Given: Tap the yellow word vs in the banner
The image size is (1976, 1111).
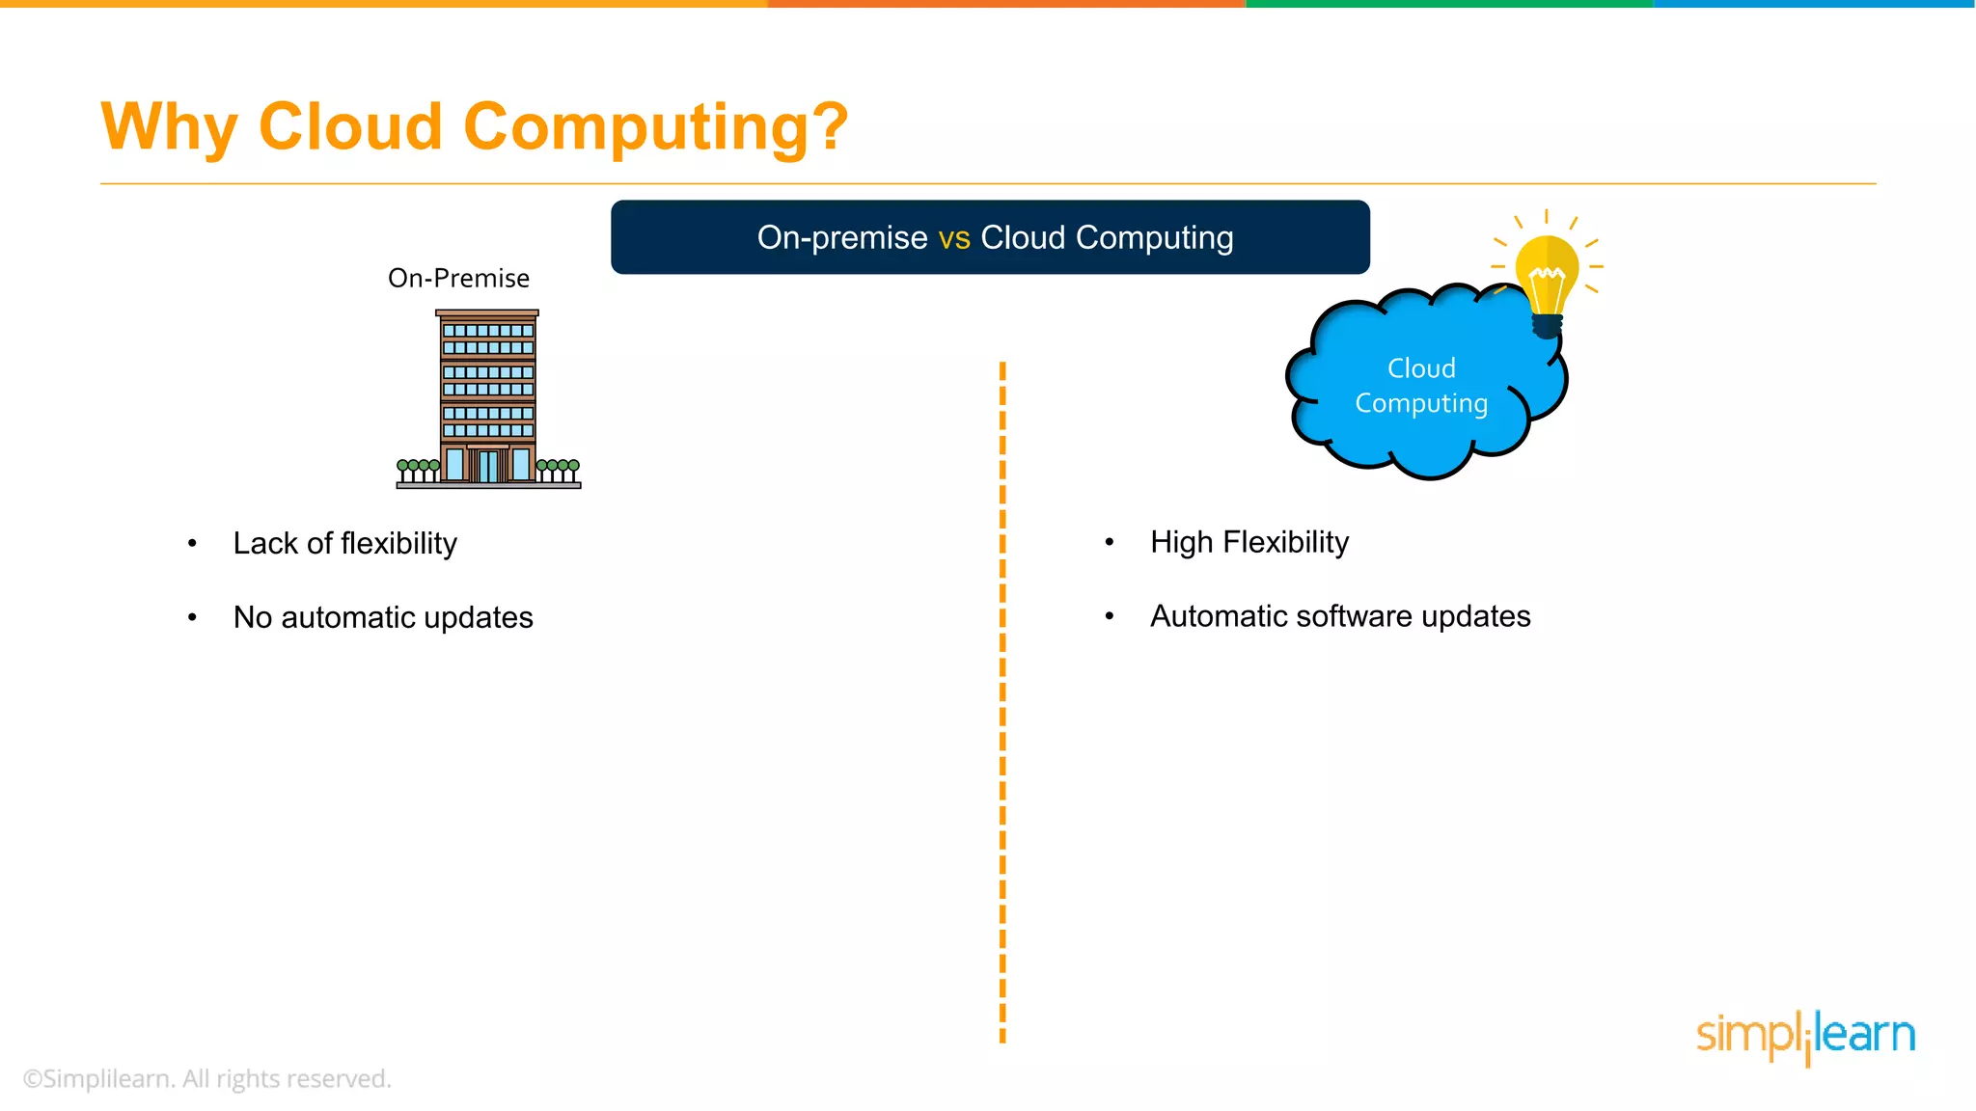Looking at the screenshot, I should click(953, 237).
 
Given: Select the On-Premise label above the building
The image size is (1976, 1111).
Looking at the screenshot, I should click(458, 279).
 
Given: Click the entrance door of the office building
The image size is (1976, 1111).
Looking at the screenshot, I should click(488, 467).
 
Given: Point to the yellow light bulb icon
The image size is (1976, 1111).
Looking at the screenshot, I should click(1547, 280).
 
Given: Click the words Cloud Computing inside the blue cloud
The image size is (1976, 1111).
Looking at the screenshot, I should click(1421, 386).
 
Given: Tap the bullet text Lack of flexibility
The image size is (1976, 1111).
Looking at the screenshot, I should click(344, 544).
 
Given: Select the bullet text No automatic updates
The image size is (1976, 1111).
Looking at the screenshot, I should click(383, 617).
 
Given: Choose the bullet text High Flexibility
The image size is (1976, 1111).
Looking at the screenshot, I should click(1249, 543).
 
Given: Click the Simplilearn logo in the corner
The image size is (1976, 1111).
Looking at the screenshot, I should click(1805, 1037).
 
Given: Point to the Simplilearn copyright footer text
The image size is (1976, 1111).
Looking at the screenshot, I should click(206, 1079).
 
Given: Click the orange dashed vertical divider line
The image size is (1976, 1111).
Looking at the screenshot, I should click(1002, 704).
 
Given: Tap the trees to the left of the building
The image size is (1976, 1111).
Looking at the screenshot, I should click(418, 470).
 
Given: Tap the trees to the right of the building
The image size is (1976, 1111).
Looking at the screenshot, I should click(558, 470).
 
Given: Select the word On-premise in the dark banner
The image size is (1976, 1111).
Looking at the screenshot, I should click(841, 237).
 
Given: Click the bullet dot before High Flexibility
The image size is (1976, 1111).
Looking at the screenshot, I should click(1110, 543).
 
